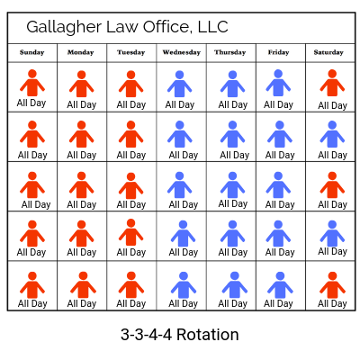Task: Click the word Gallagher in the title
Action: click(x=64, y=28)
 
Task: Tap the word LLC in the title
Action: click(x=212, y=27)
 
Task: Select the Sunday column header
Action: click(x=31, y=52)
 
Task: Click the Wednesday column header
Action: click(x=181, y=52)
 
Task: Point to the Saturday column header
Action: click(x=328, y=52)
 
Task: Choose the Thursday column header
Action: click(x=229, y=52)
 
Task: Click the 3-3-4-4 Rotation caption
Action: click(x=180, y=335)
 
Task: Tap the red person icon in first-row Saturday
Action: click(x=332, y=83)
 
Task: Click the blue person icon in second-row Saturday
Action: click(x=332, y=134)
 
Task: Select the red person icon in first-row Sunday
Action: click(x=32, y=83)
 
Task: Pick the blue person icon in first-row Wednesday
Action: click(x=179, y=84)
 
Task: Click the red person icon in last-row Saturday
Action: click(x=332, y=285)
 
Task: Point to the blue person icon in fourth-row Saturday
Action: click(x=332, y=234)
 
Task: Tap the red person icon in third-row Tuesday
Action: click(x=130, y=186)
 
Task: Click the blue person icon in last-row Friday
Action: click(x=280, y=285)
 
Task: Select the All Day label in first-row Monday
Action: click(x=82, y=105)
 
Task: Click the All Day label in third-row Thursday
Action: click(x=233, y=204)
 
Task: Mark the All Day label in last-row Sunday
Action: click(x=32, y=304)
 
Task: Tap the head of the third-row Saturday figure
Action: click(x=332, y=176)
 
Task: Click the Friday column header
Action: click(x=278, y=52)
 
